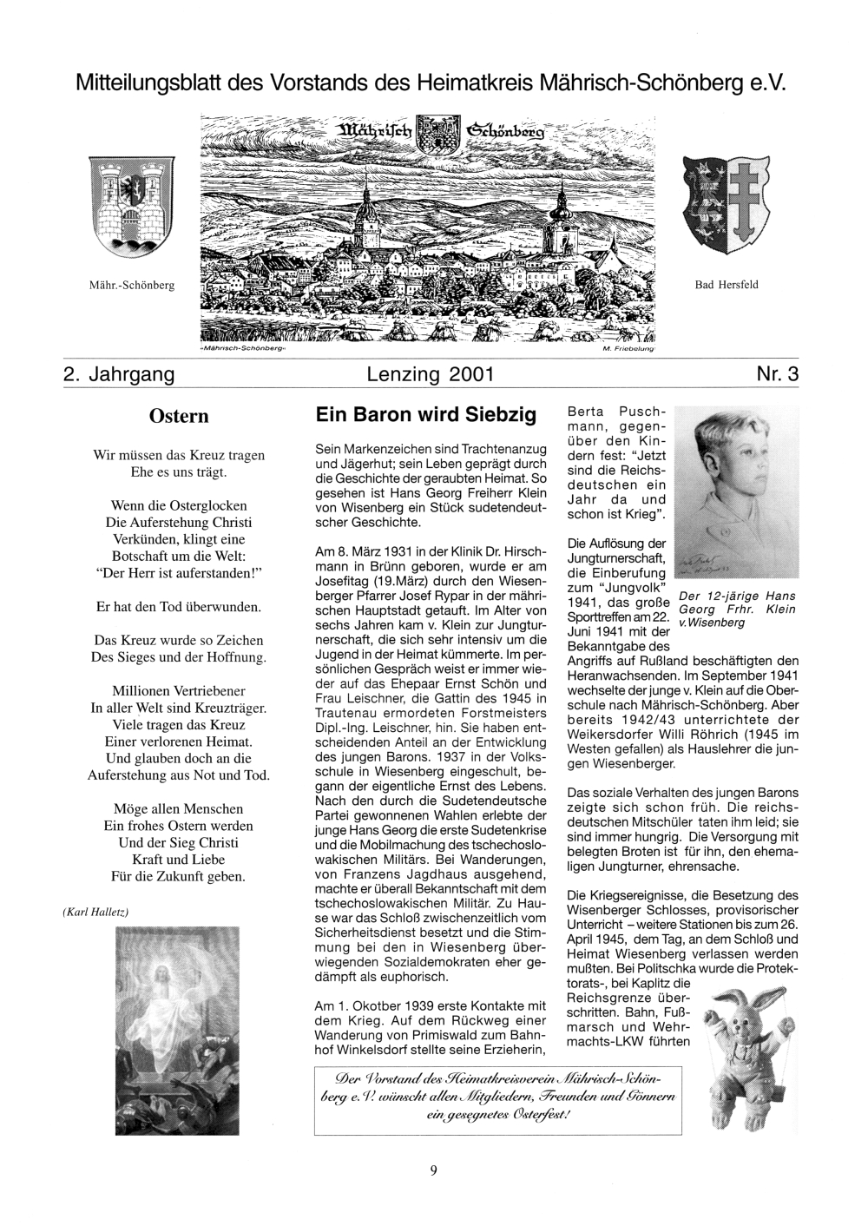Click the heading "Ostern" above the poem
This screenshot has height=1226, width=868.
(x=179, y=416)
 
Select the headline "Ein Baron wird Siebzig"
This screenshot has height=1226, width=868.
(x=427, y=414)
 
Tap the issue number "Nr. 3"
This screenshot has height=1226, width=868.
(x=777, y=374)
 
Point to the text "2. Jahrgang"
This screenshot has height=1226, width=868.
(x=119, y=374)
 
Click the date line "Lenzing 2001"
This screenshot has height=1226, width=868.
(x=431, y=374)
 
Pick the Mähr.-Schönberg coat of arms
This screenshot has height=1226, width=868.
(x=132, y=201)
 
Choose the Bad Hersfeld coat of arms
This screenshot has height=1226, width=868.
(x=726, y=203)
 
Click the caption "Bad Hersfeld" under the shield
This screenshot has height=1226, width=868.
(x=727, y=284)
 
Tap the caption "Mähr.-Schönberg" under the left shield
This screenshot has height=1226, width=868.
(x=132, y=284)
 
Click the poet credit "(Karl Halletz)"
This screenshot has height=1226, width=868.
(x=95, y=911)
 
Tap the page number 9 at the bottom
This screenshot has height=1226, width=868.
(x=433, y=1170)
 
